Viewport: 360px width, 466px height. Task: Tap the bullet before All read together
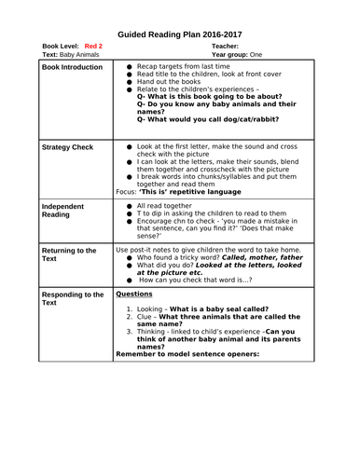[129, 205]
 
